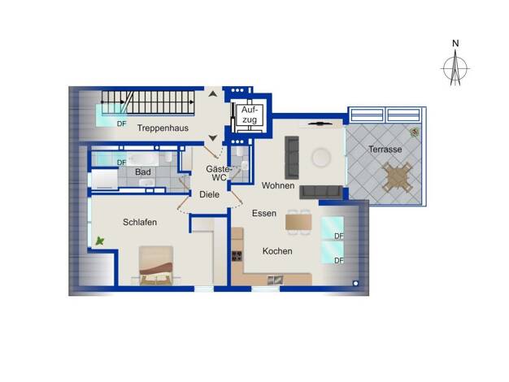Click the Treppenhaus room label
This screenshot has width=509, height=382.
(163, 128)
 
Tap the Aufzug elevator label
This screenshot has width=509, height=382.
(250, 115)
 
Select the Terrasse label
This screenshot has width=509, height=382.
(385, 150)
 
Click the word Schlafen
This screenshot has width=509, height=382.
(140, 223)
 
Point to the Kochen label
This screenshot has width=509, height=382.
(277, 251)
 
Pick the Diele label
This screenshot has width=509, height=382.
(210, 195)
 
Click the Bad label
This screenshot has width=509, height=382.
(143, 172)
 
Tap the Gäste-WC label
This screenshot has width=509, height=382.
(219, 173)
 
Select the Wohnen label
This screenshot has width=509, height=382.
(278, 185)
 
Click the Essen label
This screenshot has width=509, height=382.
(264, 213)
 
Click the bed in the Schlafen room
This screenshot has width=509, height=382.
(156, 266)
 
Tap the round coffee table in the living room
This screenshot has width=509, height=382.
(321, 158)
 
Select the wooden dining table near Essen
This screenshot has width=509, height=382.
(298, 223)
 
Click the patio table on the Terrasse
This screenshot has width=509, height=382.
(398, 177)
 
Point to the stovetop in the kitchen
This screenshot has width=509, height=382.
(237, 256)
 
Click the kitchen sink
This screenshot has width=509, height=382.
(275, 280)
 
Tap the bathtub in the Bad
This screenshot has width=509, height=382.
(142, 159)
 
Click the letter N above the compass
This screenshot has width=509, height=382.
(455, 43)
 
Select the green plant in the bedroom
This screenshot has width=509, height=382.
(100, 241)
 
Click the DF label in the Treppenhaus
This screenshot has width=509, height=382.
(121, 124)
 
